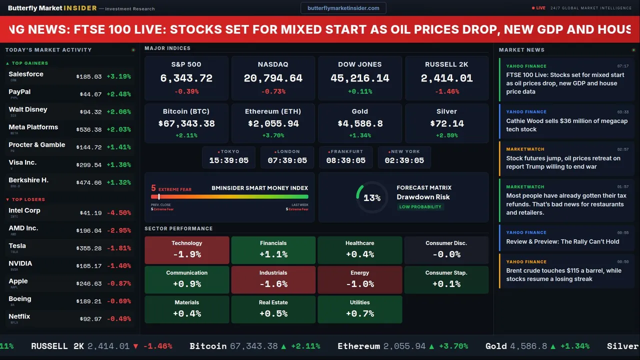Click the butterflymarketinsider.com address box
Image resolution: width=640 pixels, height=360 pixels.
point(343,8)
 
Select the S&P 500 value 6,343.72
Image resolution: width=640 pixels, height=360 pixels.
point(186,78)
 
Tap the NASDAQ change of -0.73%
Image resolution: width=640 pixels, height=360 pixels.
point(273,91)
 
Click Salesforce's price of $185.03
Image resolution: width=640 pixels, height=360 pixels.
point(89,77)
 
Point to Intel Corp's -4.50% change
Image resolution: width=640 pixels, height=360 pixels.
point(118,213)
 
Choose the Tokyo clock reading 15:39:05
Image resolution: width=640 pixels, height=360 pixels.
point(228,160)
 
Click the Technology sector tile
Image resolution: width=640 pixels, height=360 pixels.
point(187,250)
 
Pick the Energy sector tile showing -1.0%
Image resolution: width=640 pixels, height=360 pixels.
point(359,279)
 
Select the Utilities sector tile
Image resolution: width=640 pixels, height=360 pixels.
point(359,309)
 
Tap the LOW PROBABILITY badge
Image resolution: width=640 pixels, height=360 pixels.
point(420,207)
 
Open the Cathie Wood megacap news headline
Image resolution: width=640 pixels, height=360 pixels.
point(566,125)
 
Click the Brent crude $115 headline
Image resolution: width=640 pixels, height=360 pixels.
point(563,275)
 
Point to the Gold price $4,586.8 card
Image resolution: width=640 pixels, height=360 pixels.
point(359,123)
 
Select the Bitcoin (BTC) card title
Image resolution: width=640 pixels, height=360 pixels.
point(186,111)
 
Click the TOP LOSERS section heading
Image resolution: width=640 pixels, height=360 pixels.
point(28,199)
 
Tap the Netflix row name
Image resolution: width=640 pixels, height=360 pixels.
point(19,316)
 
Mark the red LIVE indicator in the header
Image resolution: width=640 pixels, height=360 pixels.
point(539,8)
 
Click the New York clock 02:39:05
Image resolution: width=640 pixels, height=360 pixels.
point(404,160)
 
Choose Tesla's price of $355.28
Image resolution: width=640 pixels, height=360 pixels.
point(89,248)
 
